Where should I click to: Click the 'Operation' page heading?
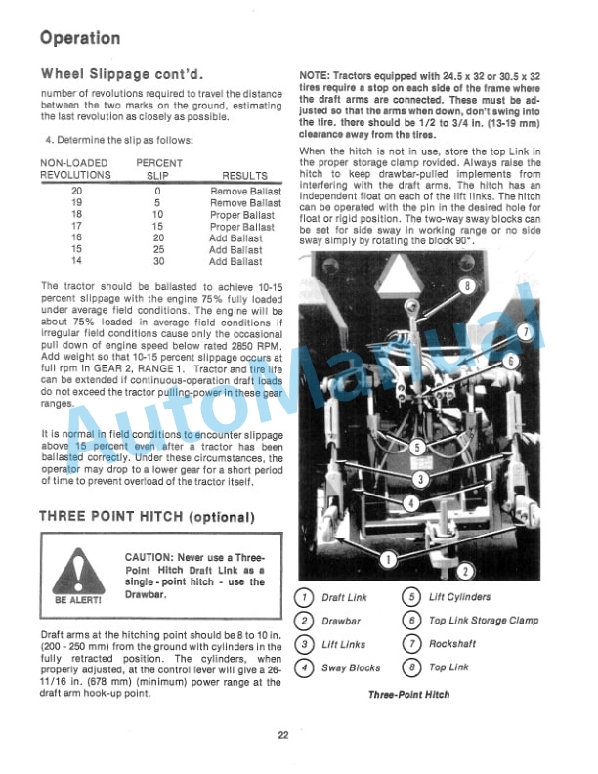point(80,38)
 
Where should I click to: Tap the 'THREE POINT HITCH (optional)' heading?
point(146,516)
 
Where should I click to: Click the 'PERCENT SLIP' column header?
point(157,169)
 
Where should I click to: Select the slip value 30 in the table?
point(158,262)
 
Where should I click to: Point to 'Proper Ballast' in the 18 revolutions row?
point(241,215)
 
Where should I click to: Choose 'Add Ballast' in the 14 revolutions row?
point(235,262)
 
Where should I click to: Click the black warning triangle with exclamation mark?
point(79,570)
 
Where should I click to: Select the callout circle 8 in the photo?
point(467,287)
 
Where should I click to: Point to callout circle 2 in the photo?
point(465,571)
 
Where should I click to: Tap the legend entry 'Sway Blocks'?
point(351,668)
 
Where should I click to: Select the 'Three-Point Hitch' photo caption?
point(409,694)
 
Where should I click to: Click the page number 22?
point(282,736)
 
